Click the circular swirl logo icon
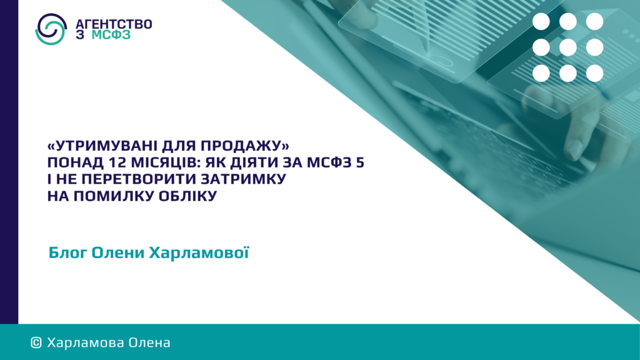click(51, 29)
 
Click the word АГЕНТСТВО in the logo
click(114, 24)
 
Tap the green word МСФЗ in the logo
click(111, 35)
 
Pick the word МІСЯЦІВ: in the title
click(166, 163)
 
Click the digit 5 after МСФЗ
click(360, 162)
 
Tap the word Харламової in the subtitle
click(199, 252)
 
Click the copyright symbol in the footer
click(36, 343)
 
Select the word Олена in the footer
click(149, 343)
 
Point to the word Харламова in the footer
click(86, 343)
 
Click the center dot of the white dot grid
click(567, 47)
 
